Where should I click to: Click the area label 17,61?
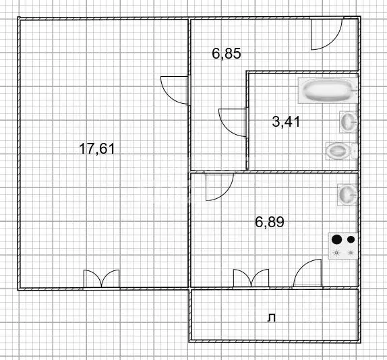click(98, 149)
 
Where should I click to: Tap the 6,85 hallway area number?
click(226, 54)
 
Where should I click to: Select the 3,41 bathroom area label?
click(285, 122)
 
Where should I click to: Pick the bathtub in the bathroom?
click(327, 90)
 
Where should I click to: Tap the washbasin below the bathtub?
click(347, 121)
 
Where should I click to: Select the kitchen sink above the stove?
click(347, 194)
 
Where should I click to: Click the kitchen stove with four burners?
click(343, 245)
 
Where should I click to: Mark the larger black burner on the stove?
click(336, 239)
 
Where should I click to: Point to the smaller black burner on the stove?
click(350, 239)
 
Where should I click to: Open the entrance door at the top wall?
click(326, 34)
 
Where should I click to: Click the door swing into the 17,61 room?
click(174, 90)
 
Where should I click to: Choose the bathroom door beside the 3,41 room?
click(233, 123)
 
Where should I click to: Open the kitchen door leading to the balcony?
click(309, 274)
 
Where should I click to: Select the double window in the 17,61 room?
click(101, 279)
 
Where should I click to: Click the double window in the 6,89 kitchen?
click(251, 278)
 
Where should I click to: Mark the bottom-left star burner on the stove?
click(336, 253)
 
